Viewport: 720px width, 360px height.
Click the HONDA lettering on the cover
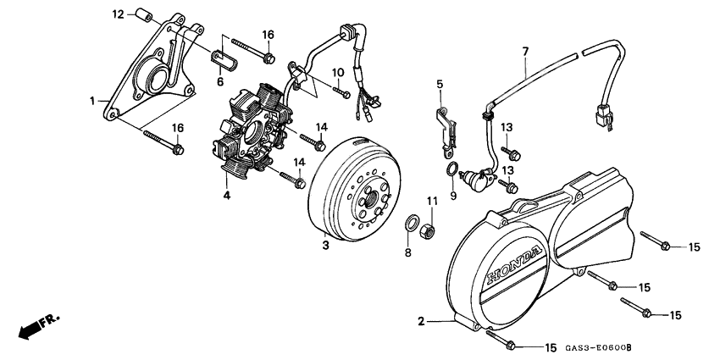coord(512,265)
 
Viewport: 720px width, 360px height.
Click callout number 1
coord(92,101)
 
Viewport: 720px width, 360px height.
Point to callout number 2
coord(421,321)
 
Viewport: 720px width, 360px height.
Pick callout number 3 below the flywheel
coord(325,246)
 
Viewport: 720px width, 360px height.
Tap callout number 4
coord(226,197)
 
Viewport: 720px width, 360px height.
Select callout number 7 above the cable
coord(525,52)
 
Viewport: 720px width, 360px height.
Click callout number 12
coord(118,14)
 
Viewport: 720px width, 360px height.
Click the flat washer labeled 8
coord(413,224)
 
